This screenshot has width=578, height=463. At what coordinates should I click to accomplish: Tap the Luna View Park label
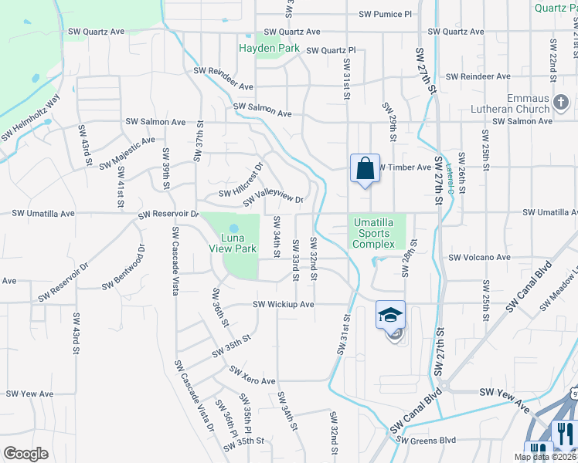pos(233,243)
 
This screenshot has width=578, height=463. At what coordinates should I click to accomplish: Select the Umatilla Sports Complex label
pos(374,233)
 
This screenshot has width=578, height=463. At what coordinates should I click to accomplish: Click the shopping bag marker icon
pos(365,168)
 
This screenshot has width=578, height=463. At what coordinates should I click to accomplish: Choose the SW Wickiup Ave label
pos(284,304)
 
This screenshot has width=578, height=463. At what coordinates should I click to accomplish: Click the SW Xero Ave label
pos(253,376)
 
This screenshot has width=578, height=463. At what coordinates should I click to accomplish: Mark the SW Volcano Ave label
pos(480,257)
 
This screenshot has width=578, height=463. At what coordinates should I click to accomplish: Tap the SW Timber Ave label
pos(403,167)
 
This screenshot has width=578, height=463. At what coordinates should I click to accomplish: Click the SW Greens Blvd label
pos(427,441)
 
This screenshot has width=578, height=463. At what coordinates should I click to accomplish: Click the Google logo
pos(25,454)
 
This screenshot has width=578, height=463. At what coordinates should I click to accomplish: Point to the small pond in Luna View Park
pos(233,218)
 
